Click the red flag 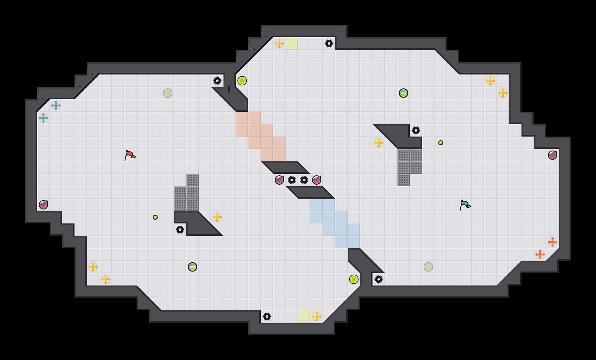(x=130, y=155)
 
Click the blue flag (x=465, y=205)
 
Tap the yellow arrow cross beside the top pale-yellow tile (x=279, y=43)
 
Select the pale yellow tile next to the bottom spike (x=304, y=317)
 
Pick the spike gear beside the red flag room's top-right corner (x=217, y=81)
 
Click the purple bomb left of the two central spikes (x=279, y=180)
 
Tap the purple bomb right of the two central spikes (x=317, y=180)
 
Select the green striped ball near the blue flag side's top (x=404, y=93)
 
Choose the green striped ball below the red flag (x=192, y=267)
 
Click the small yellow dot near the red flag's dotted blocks (x=155, y=217)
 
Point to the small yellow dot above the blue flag (x=441, y=143)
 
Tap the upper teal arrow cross (x=56, y=106)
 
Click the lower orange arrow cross (x=540, y=254)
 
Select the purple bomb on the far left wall (x=43, y=205)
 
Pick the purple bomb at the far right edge (x=553, y=155)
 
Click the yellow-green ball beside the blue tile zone (x=354, y=279)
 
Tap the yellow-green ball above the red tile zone (x=242, y=81)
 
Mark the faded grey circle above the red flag (x=168, y=93)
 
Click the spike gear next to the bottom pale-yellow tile (x=267, y=317)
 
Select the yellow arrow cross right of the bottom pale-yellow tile (x=317, y=317)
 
